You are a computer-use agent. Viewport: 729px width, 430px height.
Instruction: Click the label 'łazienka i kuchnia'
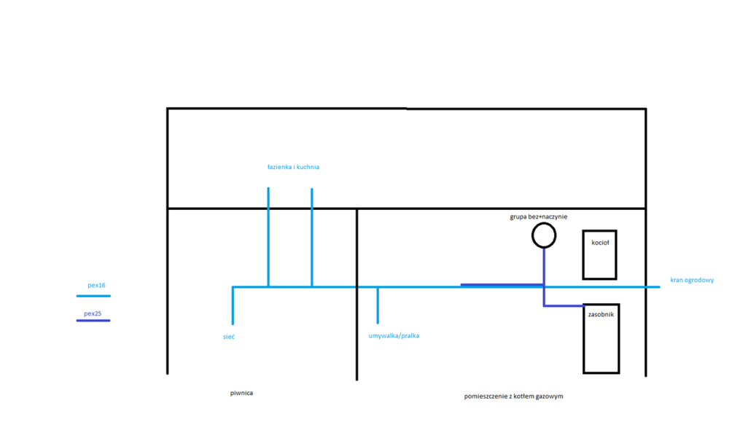(x=293, y=167)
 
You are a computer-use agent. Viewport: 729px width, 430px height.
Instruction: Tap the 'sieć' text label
(x=229, y=337)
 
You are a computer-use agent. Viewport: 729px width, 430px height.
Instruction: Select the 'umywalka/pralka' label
(x=394, y=336)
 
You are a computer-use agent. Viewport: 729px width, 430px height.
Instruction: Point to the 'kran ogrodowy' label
(x=692, y=280)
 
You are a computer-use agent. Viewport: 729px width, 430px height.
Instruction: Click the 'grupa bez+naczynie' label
(x=539, y=216)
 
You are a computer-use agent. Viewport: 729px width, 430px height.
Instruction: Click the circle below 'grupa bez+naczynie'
(x=533, y=235)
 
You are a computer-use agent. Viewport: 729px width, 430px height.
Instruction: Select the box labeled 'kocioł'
(x=583, y=255)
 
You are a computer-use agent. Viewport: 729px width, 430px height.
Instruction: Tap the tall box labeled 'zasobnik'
(x=584, y=339)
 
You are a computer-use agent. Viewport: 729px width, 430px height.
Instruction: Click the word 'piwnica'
(x=241, y=393)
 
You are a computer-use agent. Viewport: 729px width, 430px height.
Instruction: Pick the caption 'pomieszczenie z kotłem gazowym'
(x=513, y=396)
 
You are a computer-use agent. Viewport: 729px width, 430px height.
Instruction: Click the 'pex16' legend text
(x=96, y=285)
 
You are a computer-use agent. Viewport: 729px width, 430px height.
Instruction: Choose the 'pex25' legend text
(x=93, y=313)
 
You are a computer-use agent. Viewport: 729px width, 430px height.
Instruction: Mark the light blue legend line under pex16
(x=93, y=296)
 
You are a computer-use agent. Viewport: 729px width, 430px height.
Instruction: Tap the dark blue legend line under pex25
(x=93, y=320)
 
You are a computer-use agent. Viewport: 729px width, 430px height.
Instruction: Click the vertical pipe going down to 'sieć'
(x=233, y=305)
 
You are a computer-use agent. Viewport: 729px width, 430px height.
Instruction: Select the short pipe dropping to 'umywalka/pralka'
(x=378, y=305)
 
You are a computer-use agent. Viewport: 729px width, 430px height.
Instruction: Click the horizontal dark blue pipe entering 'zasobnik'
(x=564, y=305)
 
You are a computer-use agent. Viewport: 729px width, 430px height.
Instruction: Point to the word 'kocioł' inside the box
(x=600, y=242)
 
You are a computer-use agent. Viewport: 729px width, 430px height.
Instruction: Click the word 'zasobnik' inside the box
(x=601, y=314)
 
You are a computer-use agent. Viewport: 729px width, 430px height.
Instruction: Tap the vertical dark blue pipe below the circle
(x=544, y=277)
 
